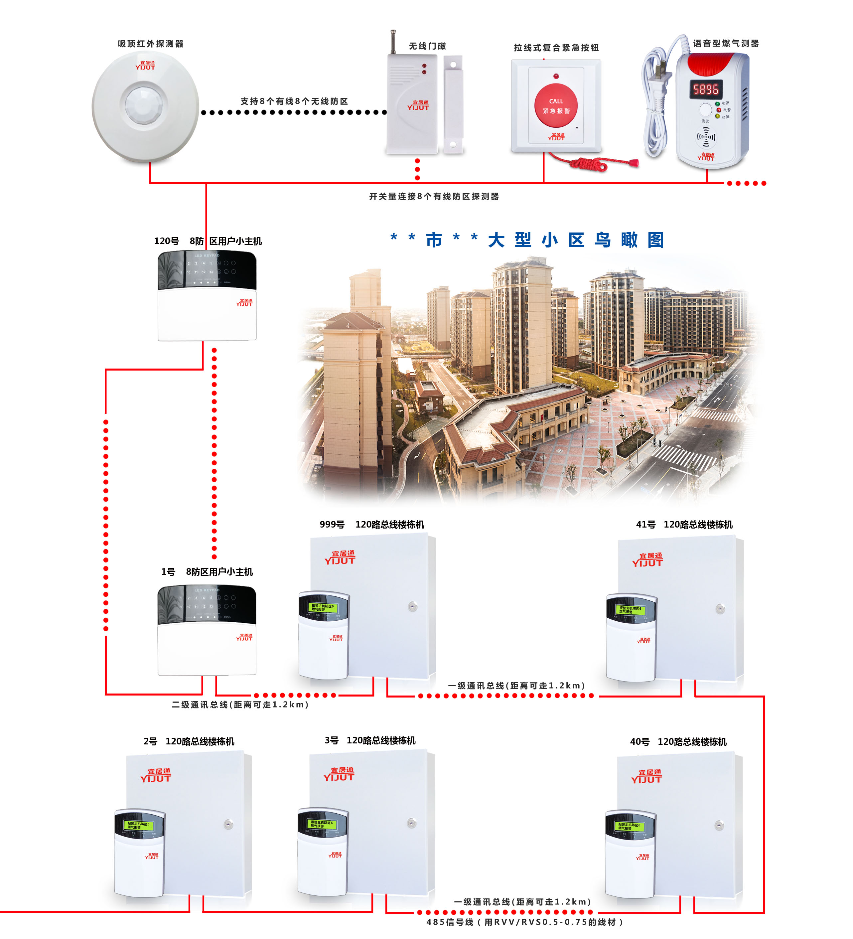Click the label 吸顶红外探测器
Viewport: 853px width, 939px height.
[x=150, y=44]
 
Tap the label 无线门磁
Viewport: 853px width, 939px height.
[x=427, y=46]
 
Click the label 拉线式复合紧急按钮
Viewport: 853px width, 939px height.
[x=556, y=48]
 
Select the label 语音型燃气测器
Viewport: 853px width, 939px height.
[x=725, y=43]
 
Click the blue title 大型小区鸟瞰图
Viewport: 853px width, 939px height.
[x=576, y=240]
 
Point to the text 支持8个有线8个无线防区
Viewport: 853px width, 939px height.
[x=294, y=101]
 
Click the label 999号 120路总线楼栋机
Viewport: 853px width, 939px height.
[x=371, y=525]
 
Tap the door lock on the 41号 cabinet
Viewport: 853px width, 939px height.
[x=720, y=609]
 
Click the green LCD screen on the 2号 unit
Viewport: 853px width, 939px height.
[x=138, y=826]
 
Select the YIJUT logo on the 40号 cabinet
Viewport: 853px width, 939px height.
[x=646, y=776]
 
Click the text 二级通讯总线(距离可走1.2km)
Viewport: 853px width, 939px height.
[x=240, y=705]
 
